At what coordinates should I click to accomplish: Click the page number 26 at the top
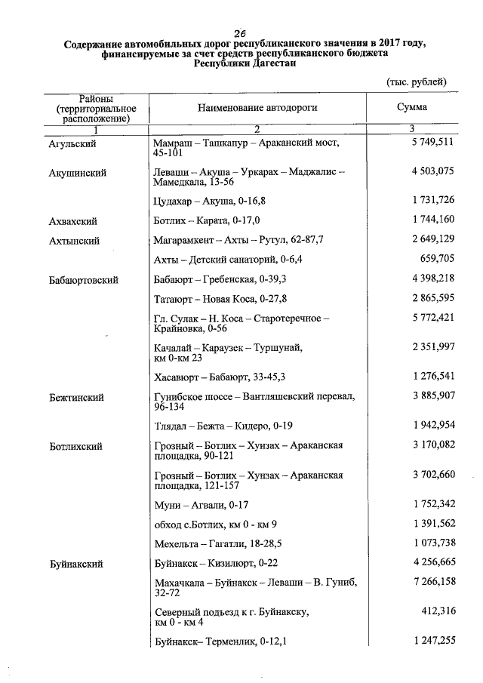click(241, 32)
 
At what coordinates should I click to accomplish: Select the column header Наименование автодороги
click(257, 108)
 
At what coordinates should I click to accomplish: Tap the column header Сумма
click(411, 107)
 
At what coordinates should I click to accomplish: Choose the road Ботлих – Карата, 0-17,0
click(206, 222)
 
